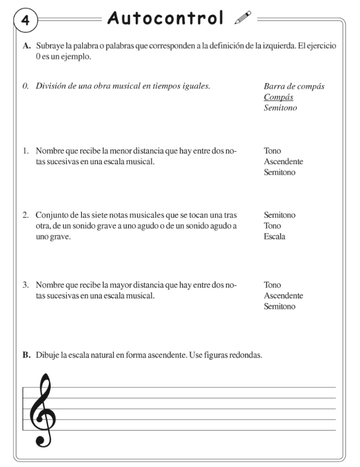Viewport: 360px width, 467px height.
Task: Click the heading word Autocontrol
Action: click(x=165, y=18)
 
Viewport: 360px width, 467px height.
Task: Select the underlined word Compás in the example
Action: click(x=278, y=98)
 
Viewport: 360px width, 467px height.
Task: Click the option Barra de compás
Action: click(x=294, y=87)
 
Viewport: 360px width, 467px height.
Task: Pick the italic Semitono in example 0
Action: click(x=279, y=109)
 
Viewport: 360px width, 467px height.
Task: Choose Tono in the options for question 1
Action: click(x=272, y=150)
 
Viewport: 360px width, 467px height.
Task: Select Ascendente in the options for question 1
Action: click(x=283, y=161)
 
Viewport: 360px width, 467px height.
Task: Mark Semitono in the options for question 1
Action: click(x=279, y=172)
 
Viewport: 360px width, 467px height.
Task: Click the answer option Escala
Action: click(x=274, y=237)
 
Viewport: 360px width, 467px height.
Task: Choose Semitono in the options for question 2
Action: click(x=279, y=215)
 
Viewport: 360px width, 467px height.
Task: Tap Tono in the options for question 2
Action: click(x=272, y=226)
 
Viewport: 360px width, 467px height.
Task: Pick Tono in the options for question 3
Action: click(x=272, y=285)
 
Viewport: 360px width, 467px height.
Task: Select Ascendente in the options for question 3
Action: click(x=283, y=296)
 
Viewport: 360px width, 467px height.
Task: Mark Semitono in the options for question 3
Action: click(x=279, y=306)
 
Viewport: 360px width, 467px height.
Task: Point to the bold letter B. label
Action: click(x=26, y=355)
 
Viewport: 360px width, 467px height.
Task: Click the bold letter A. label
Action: click(x=26, y=49)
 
